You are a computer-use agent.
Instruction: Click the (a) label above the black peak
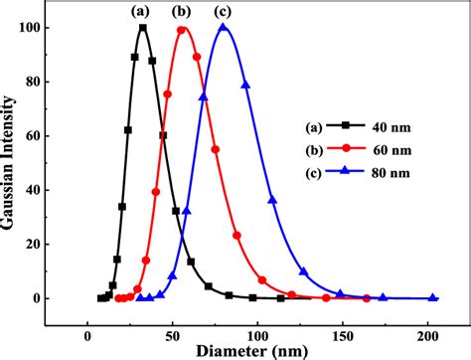tap(140, 12)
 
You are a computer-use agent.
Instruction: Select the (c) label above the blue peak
tap(224, 12)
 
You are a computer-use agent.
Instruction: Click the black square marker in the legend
tap(350, 127)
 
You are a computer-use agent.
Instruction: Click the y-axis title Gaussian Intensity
tap(13, 159)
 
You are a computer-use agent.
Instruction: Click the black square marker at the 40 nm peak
tap(143, 28)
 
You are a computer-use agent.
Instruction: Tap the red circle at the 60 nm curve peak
tap(182, 29)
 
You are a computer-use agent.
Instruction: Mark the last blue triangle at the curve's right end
tap(432, 298)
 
